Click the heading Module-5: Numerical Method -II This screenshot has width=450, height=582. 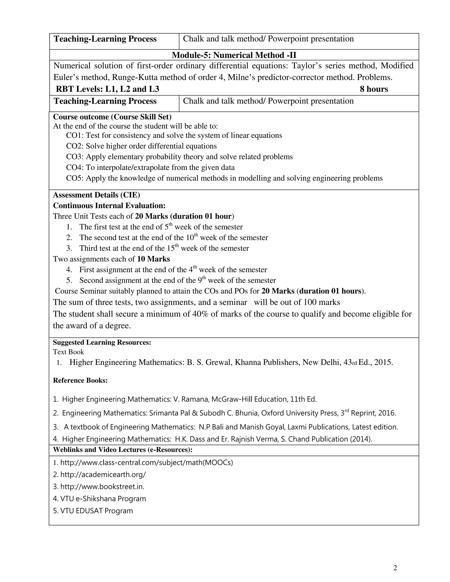tap(234, 55)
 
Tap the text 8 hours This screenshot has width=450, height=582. tap(374, 89)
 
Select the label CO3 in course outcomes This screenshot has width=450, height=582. tap(74, 157)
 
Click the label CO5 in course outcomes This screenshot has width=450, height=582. tap(74, 178)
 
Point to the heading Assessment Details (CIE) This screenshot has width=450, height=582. tap(96, 195)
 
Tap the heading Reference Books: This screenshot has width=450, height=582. tap(80, 380)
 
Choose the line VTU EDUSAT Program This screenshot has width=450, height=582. tap(96, 511)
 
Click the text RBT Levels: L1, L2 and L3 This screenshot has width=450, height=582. tap(107, 89)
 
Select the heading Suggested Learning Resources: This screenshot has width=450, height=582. tap(102, 342)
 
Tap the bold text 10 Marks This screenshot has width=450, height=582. tap(153, 259)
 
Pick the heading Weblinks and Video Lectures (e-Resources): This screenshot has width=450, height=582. tap(123, 450)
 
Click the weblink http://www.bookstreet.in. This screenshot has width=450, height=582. tap(102, 487)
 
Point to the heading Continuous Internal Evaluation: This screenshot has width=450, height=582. tap(109, 206)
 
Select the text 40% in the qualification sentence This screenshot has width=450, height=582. tap(200, 314)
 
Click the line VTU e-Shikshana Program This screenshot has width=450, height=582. tap(103, 499)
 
